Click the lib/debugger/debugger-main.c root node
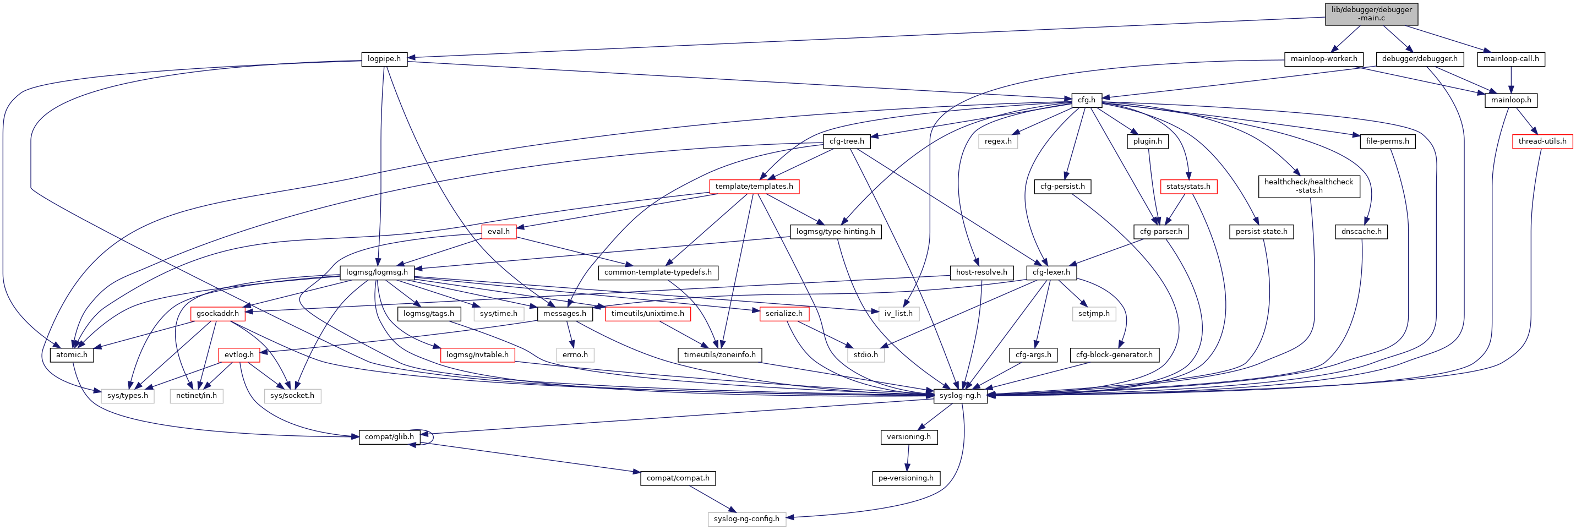(1371, 13)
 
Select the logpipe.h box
(384, 59)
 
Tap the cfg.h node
(1086, 100)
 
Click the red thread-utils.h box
(1542, 141)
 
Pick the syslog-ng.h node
(960, 395)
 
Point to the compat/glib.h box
(389, 437)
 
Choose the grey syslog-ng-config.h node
(746, 519)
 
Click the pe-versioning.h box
(906, 478)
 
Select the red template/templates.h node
(754, 187)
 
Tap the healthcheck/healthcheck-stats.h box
(1308, 186)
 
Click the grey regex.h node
(998, 141)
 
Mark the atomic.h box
(72, 355)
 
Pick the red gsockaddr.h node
(218, 314)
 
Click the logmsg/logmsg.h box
(377, 272)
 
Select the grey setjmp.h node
(1093, 314)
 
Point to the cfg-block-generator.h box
(1114, 355)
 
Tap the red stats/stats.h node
(1187, 187)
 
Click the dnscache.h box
(1361, 232)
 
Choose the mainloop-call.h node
(1510, 59)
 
